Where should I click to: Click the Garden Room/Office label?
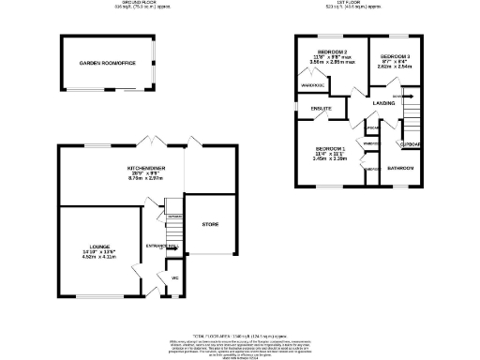point(106,62)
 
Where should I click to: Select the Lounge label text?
point(86,248)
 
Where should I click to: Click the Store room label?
point(209,224)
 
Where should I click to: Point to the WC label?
point(174,278)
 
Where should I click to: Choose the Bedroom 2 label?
point(332,51)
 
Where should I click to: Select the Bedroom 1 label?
point(330,150)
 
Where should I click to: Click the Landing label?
point(383,102)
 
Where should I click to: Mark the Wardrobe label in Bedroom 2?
point(311,84)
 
